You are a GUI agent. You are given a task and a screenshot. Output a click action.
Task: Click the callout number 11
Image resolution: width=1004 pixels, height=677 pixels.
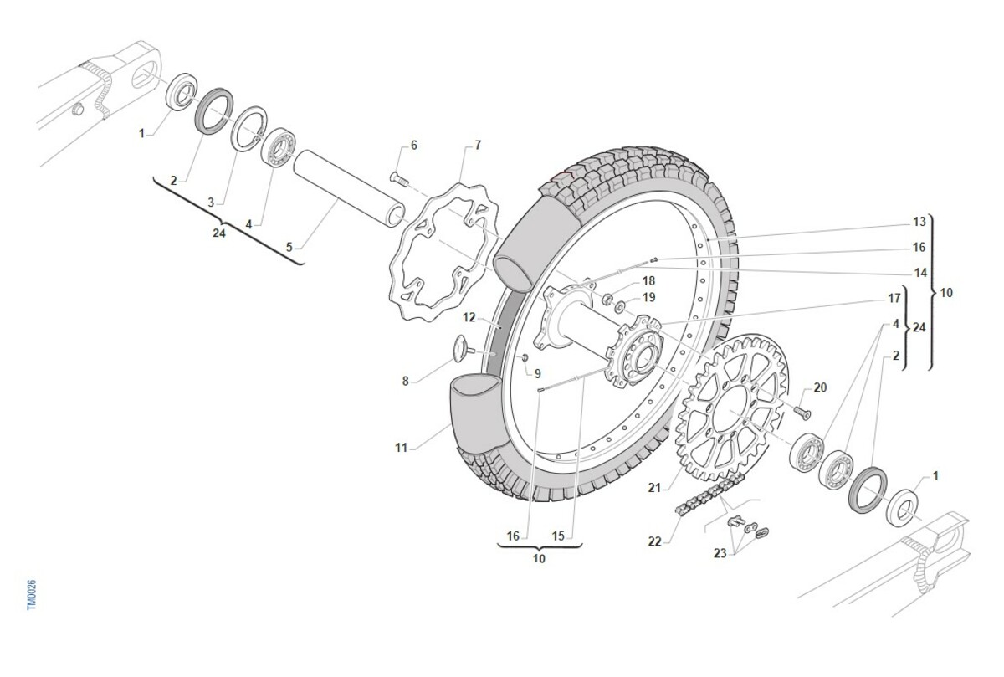(x=401, y=449)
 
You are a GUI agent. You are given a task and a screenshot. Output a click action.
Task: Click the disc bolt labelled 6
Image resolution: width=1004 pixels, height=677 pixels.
(x=397, y=177)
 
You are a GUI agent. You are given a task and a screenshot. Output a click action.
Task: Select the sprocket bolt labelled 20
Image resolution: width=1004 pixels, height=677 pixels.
(x=802, y=413)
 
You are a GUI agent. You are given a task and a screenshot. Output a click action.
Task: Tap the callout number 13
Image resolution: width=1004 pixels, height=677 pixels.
(x=919, y=222)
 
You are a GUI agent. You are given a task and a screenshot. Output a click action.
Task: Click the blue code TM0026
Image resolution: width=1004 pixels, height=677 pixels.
(x=32, y=595)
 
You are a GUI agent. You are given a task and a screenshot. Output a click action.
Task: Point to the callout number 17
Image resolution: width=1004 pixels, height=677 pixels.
(x=894, y=298)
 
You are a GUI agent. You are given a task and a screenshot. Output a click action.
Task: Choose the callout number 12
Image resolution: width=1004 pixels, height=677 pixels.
(x=469, y=318)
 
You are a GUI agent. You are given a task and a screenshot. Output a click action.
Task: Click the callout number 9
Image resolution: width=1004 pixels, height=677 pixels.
(x=537, y=373)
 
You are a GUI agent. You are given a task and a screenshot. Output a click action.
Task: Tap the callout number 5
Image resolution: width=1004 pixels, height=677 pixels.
(x=289, y=247)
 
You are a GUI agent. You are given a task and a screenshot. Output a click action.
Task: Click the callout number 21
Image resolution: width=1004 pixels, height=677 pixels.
(x=654, y=487)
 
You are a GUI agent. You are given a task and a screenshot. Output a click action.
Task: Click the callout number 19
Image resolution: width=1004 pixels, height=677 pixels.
(x=648, y=297)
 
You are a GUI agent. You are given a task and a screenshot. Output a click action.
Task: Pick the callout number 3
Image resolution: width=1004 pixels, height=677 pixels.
(x=211, y=202)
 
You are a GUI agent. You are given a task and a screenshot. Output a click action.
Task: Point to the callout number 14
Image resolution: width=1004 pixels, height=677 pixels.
(x=919, y=273)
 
